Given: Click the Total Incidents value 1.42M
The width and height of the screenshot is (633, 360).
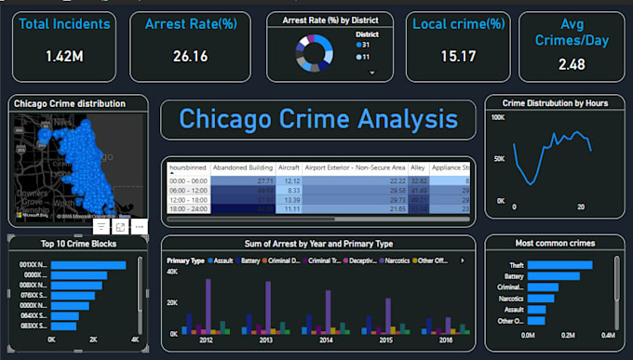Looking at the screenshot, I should [63, 56].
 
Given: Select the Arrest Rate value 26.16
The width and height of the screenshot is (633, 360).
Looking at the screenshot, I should [190, 56].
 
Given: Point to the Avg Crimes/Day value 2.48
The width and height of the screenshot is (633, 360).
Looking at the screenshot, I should [572, 63].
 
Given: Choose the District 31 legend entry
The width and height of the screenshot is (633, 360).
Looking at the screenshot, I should [364, 46].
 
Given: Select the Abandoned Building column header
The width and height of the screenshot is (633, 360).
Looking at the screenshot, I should [244, 167].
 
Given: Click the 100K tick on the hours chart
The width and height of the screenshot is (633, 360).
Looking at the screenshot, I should [497, 118].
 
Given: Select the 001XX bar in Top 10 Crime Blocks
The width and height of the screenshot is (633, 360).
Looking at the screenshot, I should [88, 265].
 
